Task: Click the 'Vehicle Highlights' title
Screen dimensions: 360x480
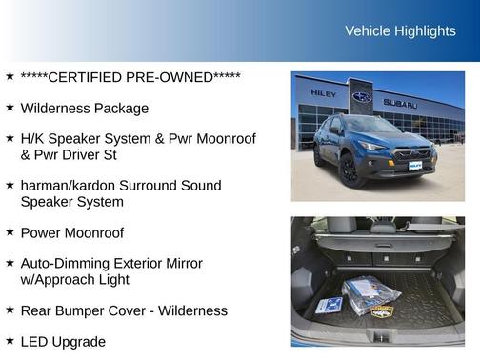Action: pos(400,31)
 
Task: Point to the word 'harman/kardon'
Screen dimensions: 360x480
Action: pos(66,185)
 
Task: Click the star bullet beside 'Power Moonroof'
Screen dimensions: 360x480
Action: pos(9,231)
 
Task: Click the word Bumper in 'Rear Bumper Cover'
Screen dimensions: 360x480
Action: pos(90,310)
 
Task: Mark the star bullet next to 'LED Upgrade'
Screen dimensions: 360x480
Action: pos(9,339)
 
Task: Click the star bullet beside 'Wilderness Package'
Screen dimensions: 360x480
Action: pos(9,108)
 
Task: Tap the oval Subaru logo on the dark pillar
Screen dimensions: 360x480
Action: pos(362,97)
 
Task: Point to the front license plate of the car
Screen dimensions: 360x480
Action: pos(416,166)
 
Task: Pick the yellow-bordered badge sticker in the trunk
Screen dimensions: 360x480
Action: pos(382,310)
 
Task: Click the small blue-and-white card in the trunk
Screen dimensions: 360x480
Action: pos(330,305)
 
